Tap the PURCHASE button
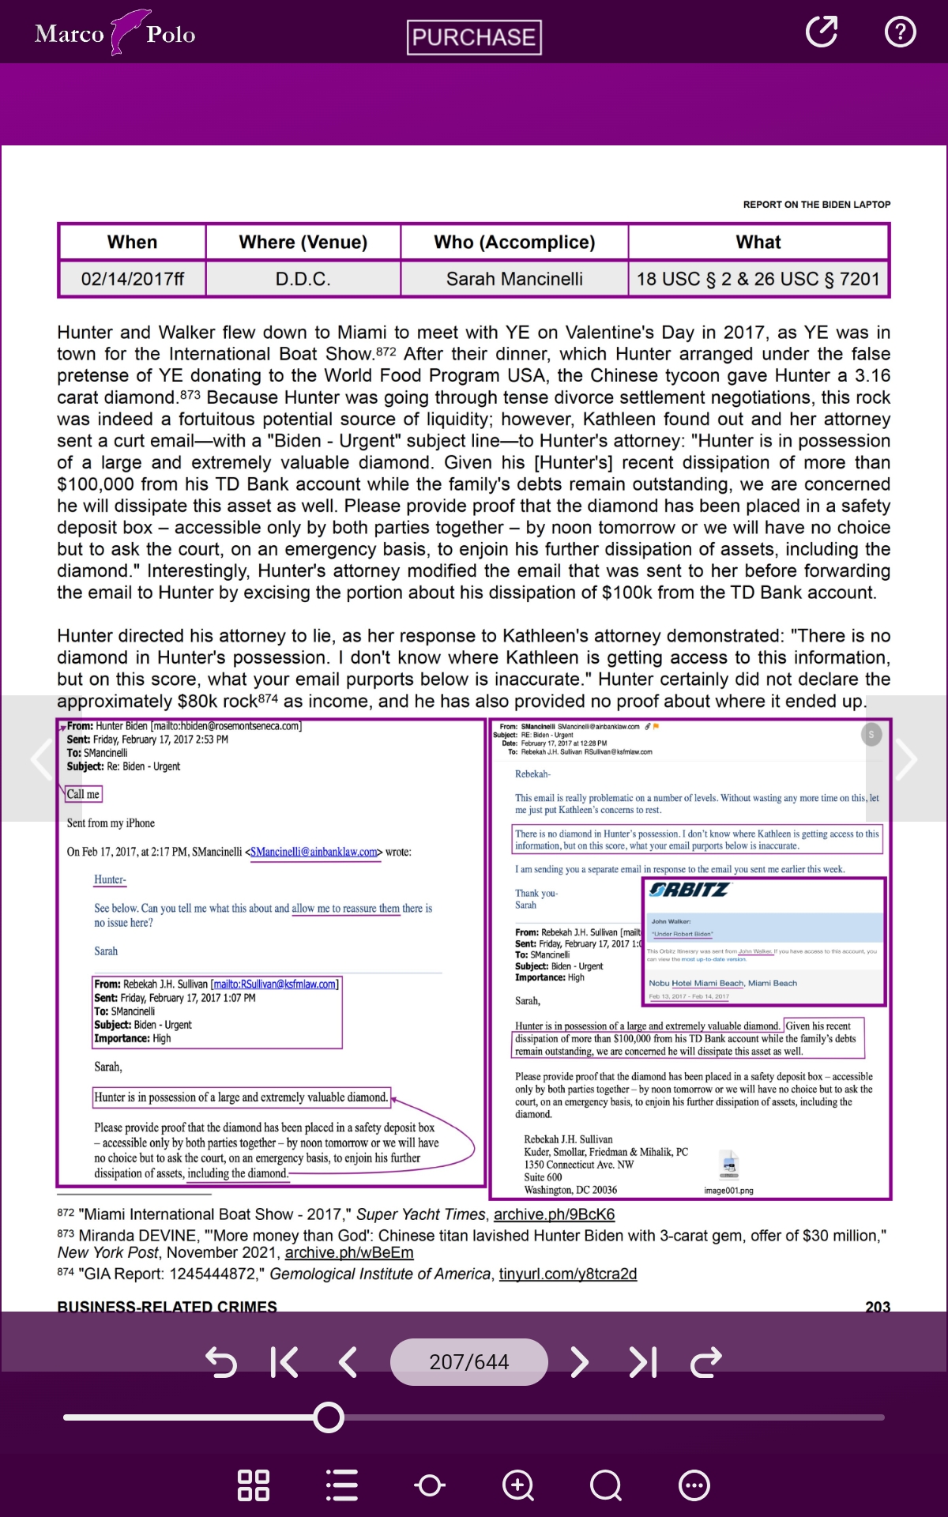click(474, 37)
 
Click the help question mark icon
click(900, 32)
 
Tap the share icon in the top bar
click(821, 32)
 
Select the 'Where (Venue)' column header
click(303, 242)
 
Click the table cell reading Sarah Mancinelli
click(514, 279)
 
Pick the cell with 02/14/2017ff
click(132, 279)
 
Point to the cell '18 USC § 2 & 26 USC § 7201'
click(758, 279)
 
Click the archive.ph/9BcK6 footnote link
click(554, 1214)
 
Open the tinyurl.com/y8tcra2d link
click(567, 1274)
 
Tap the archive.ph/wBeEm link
click(349, 1252)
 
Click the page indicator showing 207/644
click(468, 1361)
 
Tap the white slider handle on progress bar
click(329, 1417)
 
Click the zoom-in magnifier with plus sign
click(518, 1485)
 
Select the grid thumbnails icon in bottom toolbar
click(254, 1485)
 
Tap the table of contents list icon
click(342, 1485)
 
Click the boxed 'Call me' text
click(83, 794)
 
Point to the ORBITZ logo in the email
click(689, 890)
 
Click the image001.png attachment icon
click(729, 1165)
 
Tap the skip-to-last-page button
click(643, 1361)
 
